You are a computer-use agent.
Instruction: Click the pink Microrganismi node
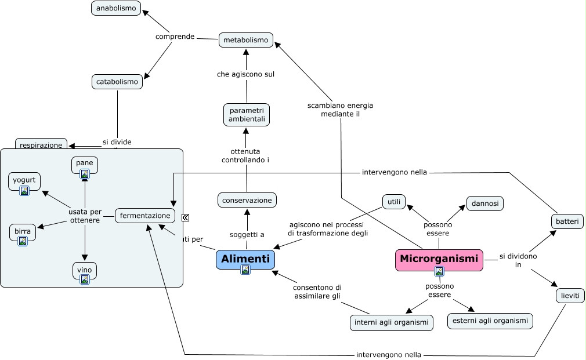pyautogui.click(x=439, y=259)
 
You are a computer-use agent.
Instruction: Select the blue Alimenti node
pyautogui.click(x=245, y=259)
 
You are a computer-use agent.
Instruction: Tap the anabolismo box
pyautogui.click(x=116, y=8)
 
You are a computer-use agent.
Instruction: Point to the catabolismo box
pyautogui.click(x=117, y=82)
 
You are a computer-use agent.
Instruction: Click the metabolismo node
pyautogui.click(x=246, y=40)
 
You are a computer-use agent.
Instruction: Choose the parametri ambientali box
pyautogui.click(x=247, y=115)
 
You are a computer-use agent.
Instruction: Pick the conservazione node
pyautogui.click(x=247, y=200)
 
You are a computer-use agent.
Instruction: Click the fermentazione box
pyautogui.click(x=145, y=216)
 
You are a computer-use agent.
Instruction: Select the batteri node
pyautogui.click(x=567, y=221)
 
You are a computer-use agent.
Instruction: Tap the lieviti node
pyautogui.click(x=570, y=295)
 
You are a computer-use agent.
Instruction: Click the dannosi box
pyautogui.click(x=485, y=203)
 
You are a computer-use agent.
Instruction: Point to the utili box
pyautogui.click(x=394, y=201)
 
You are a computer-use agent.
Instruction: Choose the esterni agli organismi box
pyautogui.click(x=490, y=321)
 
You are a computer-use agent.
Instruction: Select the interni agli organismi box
pyautogui.click(x=392, y=322)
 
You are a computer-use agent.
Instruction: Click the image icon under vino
pyautogui.click(x=85, y=279)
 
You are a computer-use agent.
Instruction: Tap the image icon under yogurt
pyautogui.click(x=24, y=191)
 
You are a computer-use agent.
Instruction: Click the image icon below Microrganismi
pyautogui.click(x=439, y=271)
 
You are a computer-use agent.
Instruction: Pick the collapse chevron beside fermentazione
pyautogui.click(x=185, y=217)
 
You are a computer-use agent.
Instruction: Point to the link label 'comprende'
pyautogui.click(x=175, y=37)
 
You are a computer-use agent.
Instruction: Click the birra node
pyautogui.click(x=23, y=232)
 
